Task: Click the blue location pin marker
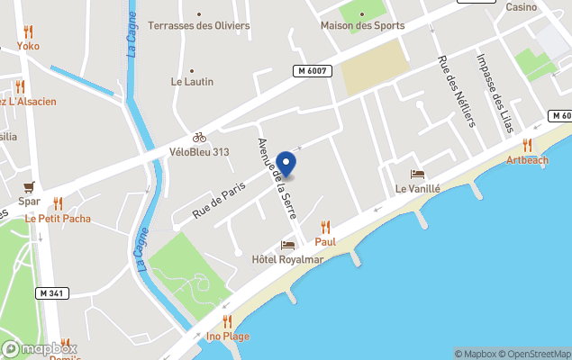[286, 164]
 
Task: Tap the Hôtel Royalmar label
[287, 260]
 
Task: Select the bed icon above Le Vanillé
[417, 174]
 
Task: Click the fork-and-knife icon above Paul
[325, 227]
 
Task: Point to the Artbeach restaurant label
[527, 160]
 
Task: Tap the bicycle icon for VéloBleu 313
[199, 137]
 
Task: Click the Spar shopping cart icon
[30, 187]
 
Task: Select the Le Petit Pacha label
[58, 218]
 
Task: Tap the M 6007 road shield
[312, 71]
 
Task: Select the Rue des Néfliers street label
[455, 92]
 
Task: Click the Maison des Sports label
[362, 25]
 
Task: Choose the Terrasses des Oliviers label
[199, 25]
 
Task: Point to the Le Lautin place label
[192, 81]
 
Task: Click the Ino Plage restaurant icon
[227, 320]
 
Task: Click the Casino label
[521, 7]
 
